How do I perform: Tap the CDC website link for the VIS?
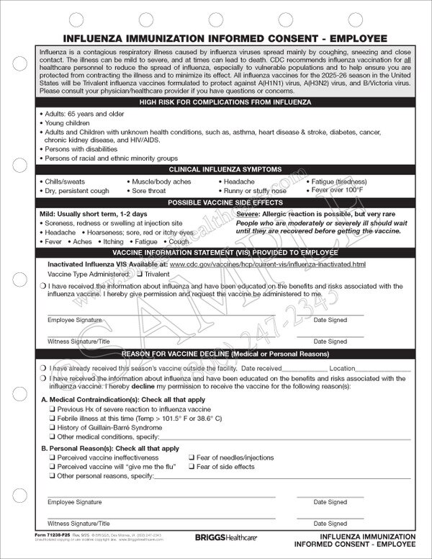click(x=267, y=265)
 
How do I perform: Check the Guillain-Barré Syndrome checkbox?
click(x=52, y=427)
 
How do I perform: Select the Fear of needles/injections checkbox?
click(x=192, y=457)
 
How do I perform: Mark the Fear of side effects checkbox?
click(x=192, y=467)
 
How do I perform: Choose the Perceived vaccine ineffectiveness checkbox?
click(x=52, y=457)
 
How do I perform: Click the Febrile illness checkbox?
click(x=52, y=418)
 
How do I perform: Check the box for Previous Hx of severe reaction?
click(x=52, y=408)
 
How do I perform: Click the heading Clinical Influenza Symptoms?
click(x=216, y=169)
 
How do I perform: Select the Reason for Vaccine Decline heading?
click(x=216, y=354)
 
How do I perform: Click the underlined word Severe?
click(x=248, y=215)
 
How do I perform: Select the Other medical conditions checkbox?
click(x=52, y=437)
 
